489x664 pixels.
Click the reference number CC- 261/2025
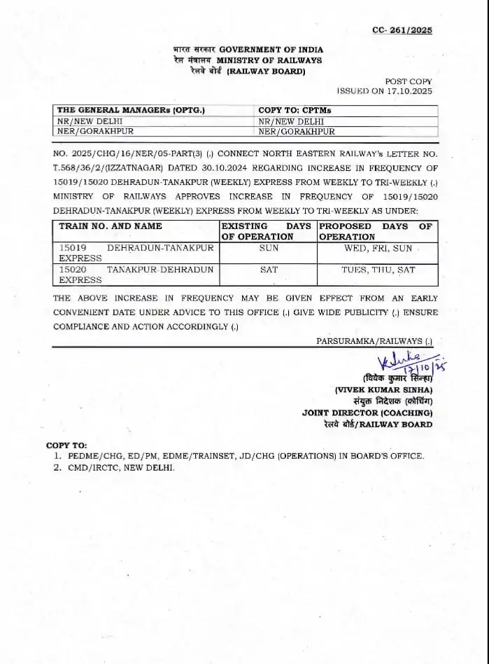[402, 30]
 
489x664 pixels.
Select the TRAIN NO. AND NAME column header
[110, 226]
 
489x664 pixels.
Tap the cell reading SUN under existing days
[268, 248]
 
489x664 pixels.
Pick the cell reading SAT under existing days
[268, 269]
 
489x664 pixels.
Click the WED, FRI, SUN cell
[376, 248]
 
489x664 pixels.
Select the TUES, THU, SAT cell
[377, 269]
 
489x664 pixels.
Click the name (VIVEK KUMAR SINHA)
[383, 389]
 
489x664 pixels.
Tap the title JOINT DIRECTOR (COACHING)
[367, 413]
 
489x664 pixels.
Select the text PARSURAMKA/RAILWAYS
[369, 340]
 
